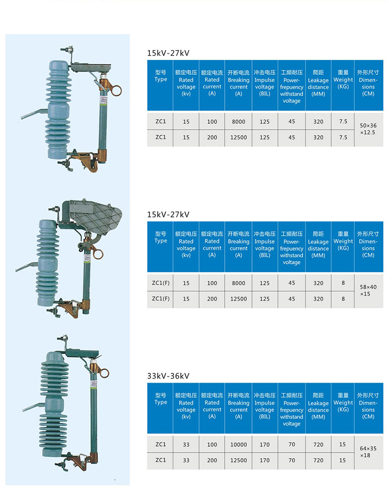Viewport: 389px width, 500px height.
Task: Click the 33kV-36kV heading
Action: pyautogui.click(x=168, y=376)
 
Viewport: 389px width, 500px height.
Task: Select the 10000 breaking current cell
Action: pyautogui.click(x=238, y=445)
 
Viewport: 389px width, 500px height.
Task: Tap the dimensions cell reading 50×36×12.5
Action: pyautogui.click(x=368, y=129)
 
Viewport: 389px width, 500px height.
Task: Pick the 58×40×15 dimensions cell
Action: pyautogui.click(x=368, y=291)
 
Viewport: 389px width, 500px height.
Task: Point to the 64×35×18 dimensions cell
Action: pyautogui.click(x=368, y=452)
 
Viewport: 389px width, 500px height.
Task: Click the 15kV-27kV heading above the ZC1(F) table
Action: pyautogui.click(x=168, y=214)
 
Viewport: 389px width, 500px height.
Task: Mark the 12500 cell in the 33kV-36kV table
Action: pyautogui.click(x=238, y=460)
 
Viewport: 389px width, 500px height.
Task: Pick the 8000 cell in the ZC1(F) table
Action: pyautogui.click(x=238, y=283)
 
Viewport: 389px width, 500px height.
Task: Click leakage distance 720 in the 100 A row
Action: pyautogui.click(x=318, y=445)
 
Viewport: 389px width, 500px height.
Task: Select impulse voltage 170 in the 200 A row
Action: pyautogui.click(x=265, y=460)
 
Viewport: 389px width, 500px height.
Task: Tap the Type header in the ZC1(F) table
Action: pyautogui.click(x=161, y=237)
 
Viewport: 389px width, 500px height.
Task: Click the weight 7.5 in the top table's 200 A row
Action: pyautogui.click(x=343, y=137)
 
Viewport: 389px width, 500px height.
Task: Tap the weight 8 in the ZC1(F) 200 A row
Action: pyautogui.click(x=343, y=299)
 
